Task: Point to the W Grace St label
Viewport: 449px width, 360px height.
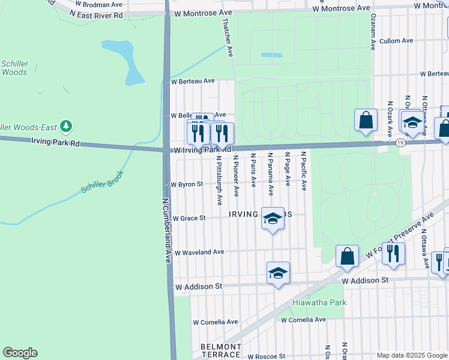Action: pyautogui.click(x=189, y=218)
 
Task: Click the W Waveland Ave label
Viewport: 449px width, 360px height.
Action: pyautogui.click(x=199, y=253)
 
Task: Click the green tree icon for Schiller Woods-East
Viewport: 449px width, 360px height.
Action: pyautogui.click(x=67, y=127)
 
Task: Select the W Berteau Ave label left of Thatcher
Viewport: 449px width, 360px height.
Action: pyautogui.click(x=193, y=81)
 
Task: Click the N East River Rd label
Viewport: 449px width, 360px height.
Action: pyautogui.click(x=95, y=14)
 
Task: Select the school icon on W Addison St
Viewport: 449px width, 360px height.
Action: pyautogui.click(x=279, y=273)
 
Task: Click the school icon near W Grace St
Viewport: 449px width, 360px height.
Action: pyautogui.click(x=273, y=219)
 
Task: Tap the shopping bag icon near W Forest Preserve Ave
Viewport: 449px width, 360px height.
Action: pyautogui.click(x=347, y=256)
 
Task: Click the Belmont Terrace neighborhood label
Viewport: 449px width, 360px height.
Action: pyautogui.click(x=220, y=351)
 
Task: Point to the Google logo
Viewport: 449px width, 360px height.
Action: pyautogui.click(x=20, y=353)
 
